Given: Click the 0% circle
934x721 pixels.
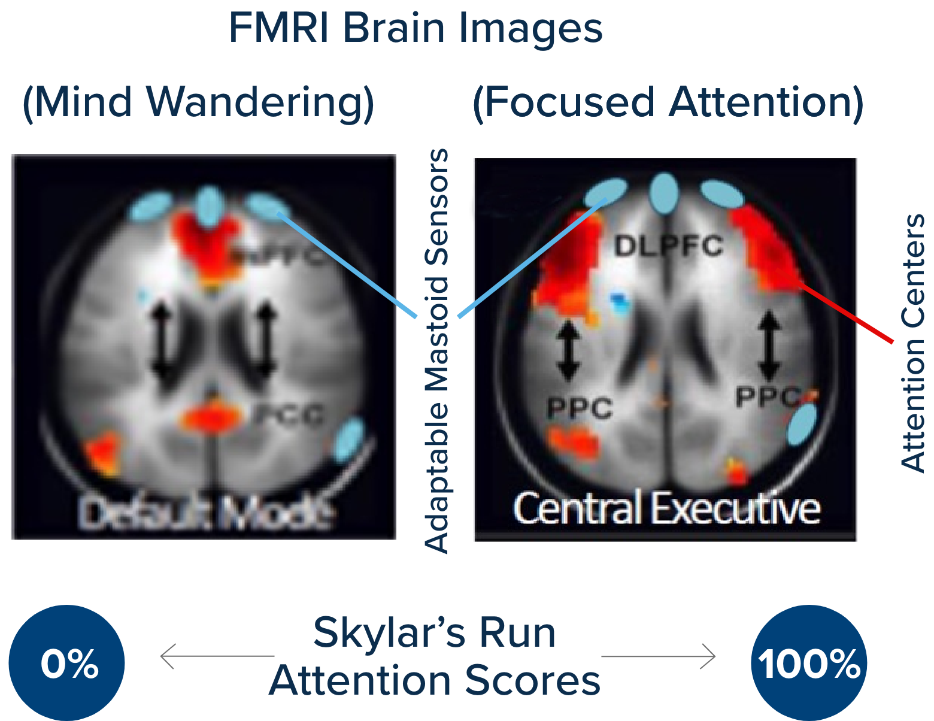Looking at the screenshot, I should pyautogui.click(x=66, y=663).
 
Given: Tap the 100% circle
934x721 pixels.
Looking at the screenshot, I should pyautogui.click(x=809, y=663).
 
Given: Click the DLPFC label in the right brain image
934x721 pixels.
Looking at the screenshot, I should pyautogui.click(x=669, y=246).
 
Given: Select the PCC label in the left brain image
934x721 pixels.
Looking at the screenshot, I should pyautogui.click(x=289, y=414).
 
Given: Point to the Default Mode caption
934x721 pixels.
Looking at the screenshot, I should pyautogui.click(x=205, y=513).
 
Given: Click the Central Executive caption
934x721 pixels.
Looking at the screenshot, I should pyautogui.click(x=666, y=508).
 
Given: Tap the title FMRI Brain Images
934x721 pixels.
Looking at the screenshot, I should pyautogui.click(x=416, y=28).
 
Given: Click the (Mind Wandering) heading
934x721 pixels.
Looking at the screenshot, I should pyautogui.click(x=198, y=102).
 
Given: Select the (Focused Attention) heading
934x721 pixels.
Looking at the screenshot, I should pyautogui.click(x=668, y=102).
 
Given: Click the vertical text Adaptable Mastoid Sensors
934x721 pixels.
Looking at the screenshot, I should pyautogui.click(x=437, y=350).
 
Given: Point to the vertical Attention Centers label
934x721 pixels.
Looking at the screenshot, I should pyautogui.click(x=912, y=343).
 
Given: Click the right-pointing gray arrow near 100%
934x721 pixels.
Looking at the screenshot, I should pyautogui.click(x=659, y=656).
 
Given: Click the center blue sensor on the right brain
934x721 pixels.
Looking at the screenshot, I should pyautogui.click(x=663, y=193).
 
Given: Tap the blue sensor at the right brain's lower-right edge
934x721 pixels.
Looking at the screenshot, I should pyautogui.click(x=802, y=424).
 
